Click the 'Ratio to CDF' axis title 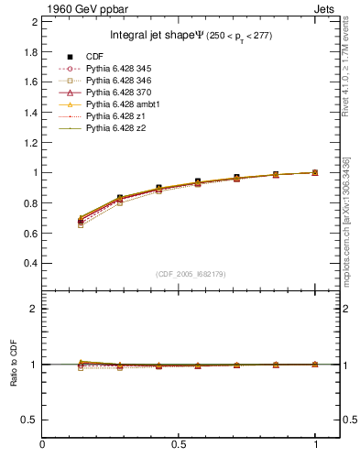13,364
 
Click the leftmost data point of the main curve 82,221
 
